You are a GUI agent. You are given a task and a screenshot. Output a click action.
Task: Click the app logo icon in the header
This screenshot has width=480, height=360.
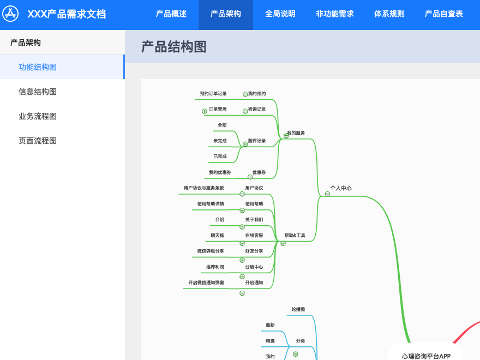click(10, 14)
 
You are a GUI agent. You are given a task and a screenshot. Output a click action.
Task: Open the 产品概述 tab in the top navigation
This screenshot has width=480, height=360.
click(171, 14)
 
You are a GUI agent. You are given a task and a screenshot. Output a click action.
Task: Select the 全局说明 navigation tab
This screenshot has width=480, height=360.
click(280, 14)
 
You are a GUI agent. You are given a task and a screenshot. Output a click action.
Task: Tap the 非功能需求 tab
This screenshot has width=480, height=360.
click(334, 14)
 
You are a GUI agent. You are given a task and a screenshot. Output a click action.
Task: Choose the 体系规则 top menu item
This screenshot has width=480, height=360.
click(389, 14)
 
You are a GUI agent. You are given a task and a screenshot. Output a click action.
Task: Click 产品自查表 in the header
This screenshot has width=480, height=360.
click(443, 14)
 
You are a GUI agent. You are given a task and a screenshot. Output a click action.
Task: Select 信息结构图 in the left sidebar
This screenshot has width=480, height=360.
click(38, 92)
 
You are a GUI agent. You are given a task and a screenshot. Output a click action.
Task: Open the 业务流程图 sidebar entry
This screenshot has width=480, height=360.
click(38, 116)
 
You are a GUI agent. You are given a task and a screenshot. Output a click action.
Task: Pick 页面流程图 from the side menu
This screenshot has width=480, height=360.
click(38, 141)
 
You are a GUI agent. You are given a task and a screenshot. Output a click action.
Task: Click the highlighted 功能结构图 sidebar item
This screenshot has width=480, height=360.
click(38, 67)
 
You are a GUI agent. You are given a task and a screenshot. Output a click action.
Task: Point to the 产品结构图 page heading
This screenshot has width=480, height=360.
click(173, 47)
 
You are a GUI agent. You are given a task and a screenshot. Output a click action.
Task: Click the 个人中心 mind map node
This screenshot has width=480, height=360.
click(341, 188)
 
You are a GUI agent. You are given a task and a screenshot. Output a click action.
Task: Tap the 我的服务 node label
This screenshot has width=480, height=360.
click(296, 133)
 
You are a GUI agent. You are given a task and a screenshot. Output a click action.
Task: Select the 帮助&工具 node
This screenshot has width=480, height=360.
click(295, 235)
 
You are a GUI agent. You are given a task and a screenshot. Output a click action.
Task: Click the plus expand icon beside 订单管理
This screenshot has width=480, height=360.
click(204, 111)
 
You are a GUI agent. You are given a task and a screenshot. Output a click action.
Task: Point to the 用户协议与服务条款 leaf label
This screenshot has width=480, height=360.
click(204, 188)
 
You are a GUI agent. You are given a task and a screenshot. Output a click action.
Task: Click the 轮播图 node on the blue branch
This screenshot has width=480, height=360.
click(298, 309)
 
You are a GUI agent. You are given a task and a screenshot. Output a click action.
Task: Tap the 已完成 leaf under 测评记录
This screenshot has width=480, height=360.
click(220, 156)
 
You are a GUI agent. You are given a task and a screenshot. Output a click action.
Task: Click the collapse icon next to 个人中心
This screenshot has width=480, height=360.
click(327, 194)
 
